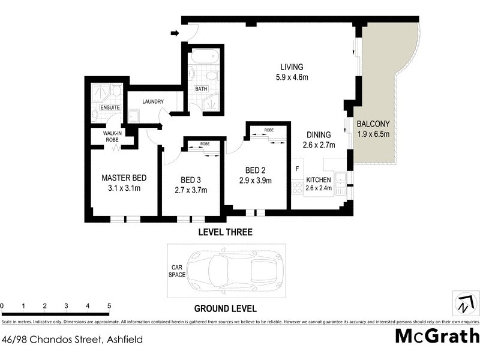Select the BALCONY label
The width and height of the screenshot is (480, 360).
point(373,124)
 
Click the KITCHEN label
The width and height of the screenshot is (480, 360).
point(318,179)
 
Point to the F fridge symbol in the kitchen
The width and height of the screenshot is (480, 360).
point(297,169)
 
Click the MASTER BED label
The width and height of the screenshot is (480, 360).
point(124,178)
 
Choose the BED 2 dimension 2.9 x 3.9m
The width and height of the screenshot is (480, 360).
point(255,180)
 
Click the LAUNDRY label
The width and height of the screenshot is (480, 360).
point(152,102)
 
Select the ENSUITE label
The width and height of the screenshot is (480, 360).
point(110,107)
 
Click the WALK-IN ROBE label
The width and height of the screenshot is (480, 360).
point(112,136)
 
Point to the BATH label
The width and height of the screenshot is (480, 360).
point(201,89)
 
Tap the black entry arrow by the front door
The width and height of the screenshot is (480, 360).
point(175,32)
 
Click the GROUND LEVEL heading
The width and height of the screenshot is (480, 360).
point(225,309)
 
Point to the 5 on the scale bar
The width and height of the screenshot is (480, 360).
point(109,306)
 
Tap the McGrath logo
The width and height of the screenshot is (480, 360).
point(437,335)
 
